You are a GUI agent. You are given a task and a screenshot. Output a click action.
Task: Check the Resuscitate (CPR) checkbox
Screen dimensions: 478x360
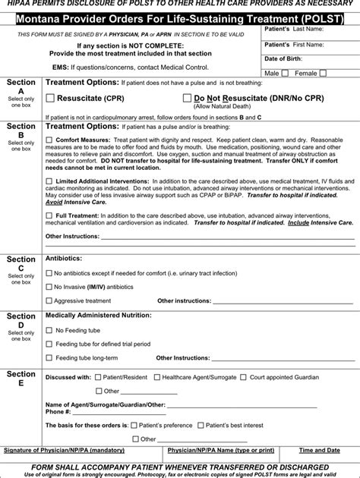pyautogui.click(x=50, y=98)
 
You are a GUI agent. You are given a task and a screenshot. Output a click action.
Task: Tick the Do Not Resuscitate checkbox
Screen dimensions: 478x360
pyautogui.click(x=187, y=98)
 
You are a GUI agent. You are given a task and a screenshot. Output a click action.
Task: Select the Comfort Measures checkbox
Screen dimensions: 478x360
pyautogui.click(x=49, y=140)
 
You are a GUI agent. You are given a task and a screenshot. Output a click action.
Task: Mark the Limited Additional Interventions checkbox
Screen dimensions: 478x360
pyautogui.click(x=49, y=181)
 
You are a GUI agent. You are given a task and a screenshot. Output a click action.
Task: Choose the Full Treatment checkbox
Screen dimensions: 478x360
pyautogui.click(x=49, y=215)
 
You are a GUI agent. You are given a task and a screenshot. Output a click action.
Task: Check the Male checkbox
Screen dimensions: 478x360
pyautogui.click(x=285, y=74)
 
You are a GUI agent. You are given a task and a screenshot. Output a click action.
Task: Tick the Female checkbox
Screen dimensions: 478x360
pyautogui.click(x=323, y=74)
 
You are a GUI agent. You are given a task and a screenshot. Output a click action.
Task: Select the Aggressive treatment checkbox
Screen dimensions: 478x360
pyautogui.click(x=49, y=300)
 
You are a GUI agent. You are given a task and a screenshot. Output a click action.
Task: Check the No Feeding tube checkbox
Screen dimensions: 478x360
pyautogui.click(x=49, y=330)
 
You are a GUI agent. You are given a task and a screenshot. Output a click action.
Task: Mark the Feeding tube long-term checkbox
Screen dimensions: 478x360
pyautogui.click(x=49, y=357)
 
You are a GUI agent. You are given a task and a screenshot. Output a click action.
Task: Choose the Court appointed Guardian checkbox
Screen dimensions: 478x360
pyautogui.click(x=242, y=376)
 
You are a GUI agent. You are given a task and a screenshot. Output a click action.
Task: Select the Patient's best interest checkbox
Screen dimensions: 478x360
pyautogui.click(x=199, y=425)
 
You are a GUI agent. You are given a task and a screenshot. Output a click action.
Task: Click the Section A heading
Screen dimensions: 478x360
pyautogui.click(x=21, y=86)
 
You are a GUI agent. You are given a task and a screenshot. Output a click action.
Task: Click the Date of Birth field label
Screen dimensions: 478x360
pyautogui.click(x=283, y=58)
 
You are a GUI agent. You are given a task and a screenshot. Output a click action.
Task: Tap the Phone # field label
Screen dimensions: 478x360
pyautogui.click(x=58, y=412)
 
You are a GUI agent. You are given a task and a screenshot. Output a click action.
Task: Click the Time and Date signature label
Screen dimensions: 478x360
pyautogui.click(x=320, y=450)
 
